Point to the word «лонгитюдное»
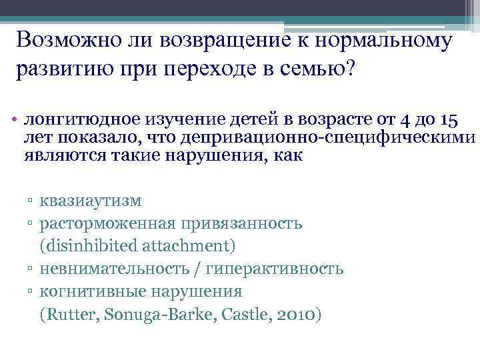click(80, 120)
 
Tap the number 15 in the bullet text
click(449, 121)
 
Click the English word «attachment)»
click(188, 246)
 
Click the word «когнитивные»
click(90, 291)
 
